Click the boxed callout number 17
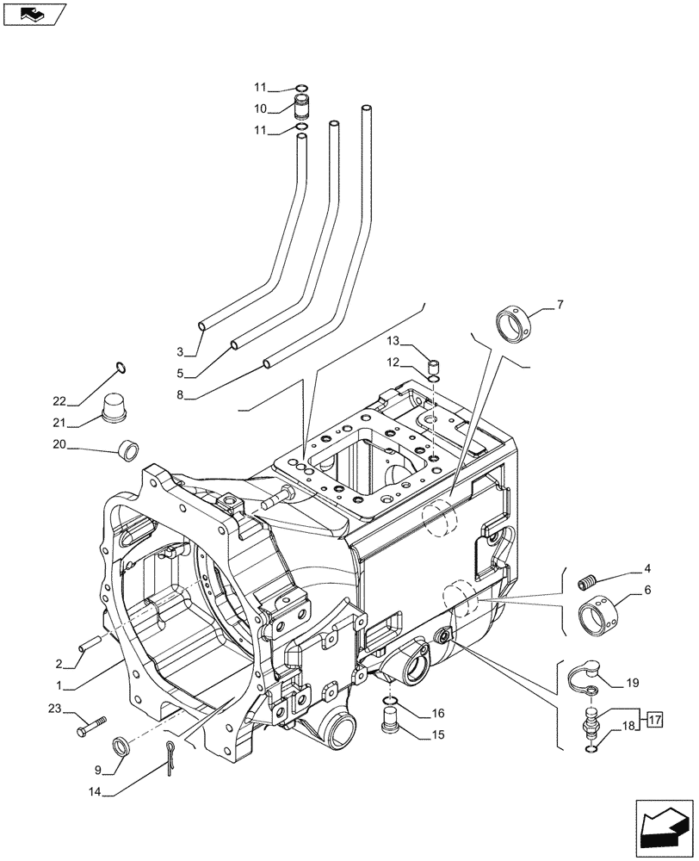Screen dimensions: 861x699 pos(655,718)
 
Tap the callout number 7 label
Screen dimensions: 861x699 pos(560,304)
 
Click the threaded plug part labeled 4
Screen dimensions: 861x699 pos(589,583)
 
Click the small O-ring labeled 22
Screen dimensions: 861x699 pos(121,369)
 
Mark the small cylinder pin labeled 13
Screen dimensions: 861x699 pos(436,366)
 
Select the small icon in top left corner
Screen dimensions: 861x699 pos(34,14)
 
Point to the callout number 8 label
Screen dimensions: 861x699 pos(180,396)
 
